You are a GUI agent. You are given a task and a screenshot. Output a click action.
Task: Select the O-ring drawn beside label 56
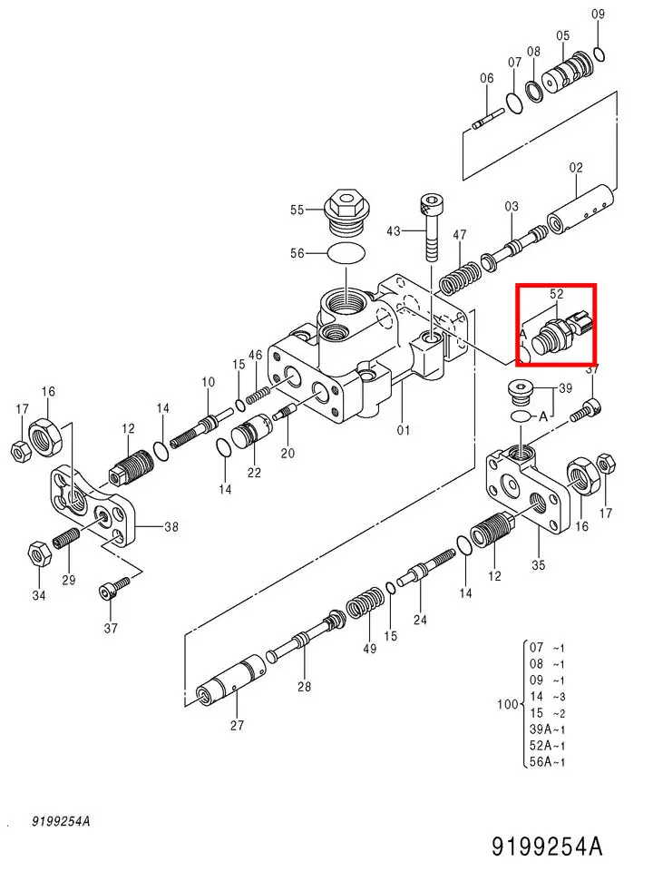tap(345, 253)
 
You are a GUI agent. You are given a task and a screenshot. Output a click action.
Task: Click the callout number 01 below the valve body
tap(404, 429)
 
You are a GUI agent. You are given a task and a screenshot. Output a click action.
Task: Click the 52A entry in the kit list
tap(547, 746)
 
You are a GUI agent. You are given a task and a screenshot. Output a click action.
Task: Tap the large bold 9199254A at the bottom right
tap(547, 846)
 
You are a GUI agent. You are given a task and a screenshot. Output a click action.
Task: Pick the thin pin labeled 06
tap(487, 118)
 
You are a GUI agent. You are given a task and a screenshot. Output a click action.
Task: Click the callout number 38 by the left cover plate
tap(171, 526)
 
